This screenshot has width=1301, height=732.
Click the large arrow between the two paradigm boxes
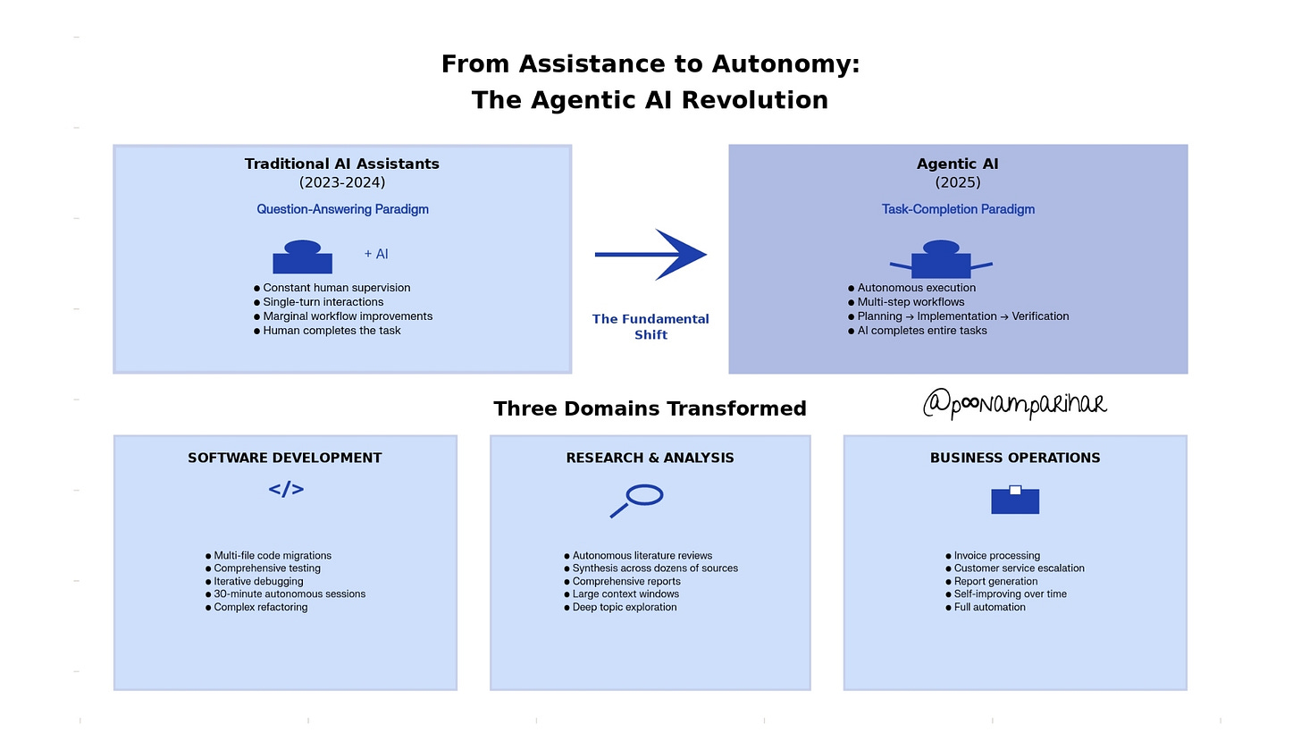[650, 255]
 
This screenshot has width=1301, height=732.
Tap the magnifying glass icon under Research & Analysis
[637, 500]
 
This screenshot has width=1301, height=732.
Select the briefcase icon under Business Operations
[1015, 500]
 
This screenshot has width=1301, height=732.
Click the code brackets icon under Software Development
[286, 489]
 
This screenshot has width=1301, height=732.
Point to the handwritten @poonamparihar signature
[1015, 405]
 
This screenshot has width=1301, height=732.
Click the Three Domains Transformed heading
[650, 408]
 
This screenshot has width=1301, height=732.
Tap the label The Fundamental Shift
[650, 327]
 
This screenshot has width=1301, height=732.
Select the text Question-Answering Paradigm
[342, 209]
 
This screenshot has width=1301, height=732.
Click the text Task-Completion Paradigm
[958, 209]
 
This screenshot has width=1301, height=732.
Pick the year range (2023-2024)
[342, 182]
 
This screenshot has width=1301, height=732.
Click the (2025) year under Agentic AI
[958, 182]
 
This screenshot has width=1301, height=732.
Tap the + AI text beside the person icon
[376, 254]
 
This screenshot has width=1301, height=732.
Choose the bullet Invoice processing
[996, 555]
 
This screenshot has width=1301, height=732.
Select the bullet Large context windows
[625, 593]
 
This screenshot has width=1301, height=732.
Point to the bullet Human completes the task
[332, 331]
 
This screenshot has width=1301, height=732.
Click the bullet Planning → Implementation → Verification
[962, 316]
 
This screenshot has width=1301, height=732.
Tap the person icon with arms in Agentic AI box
[941, 259]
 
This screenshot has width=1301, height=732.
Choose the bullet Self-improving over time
[1010, 593]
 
